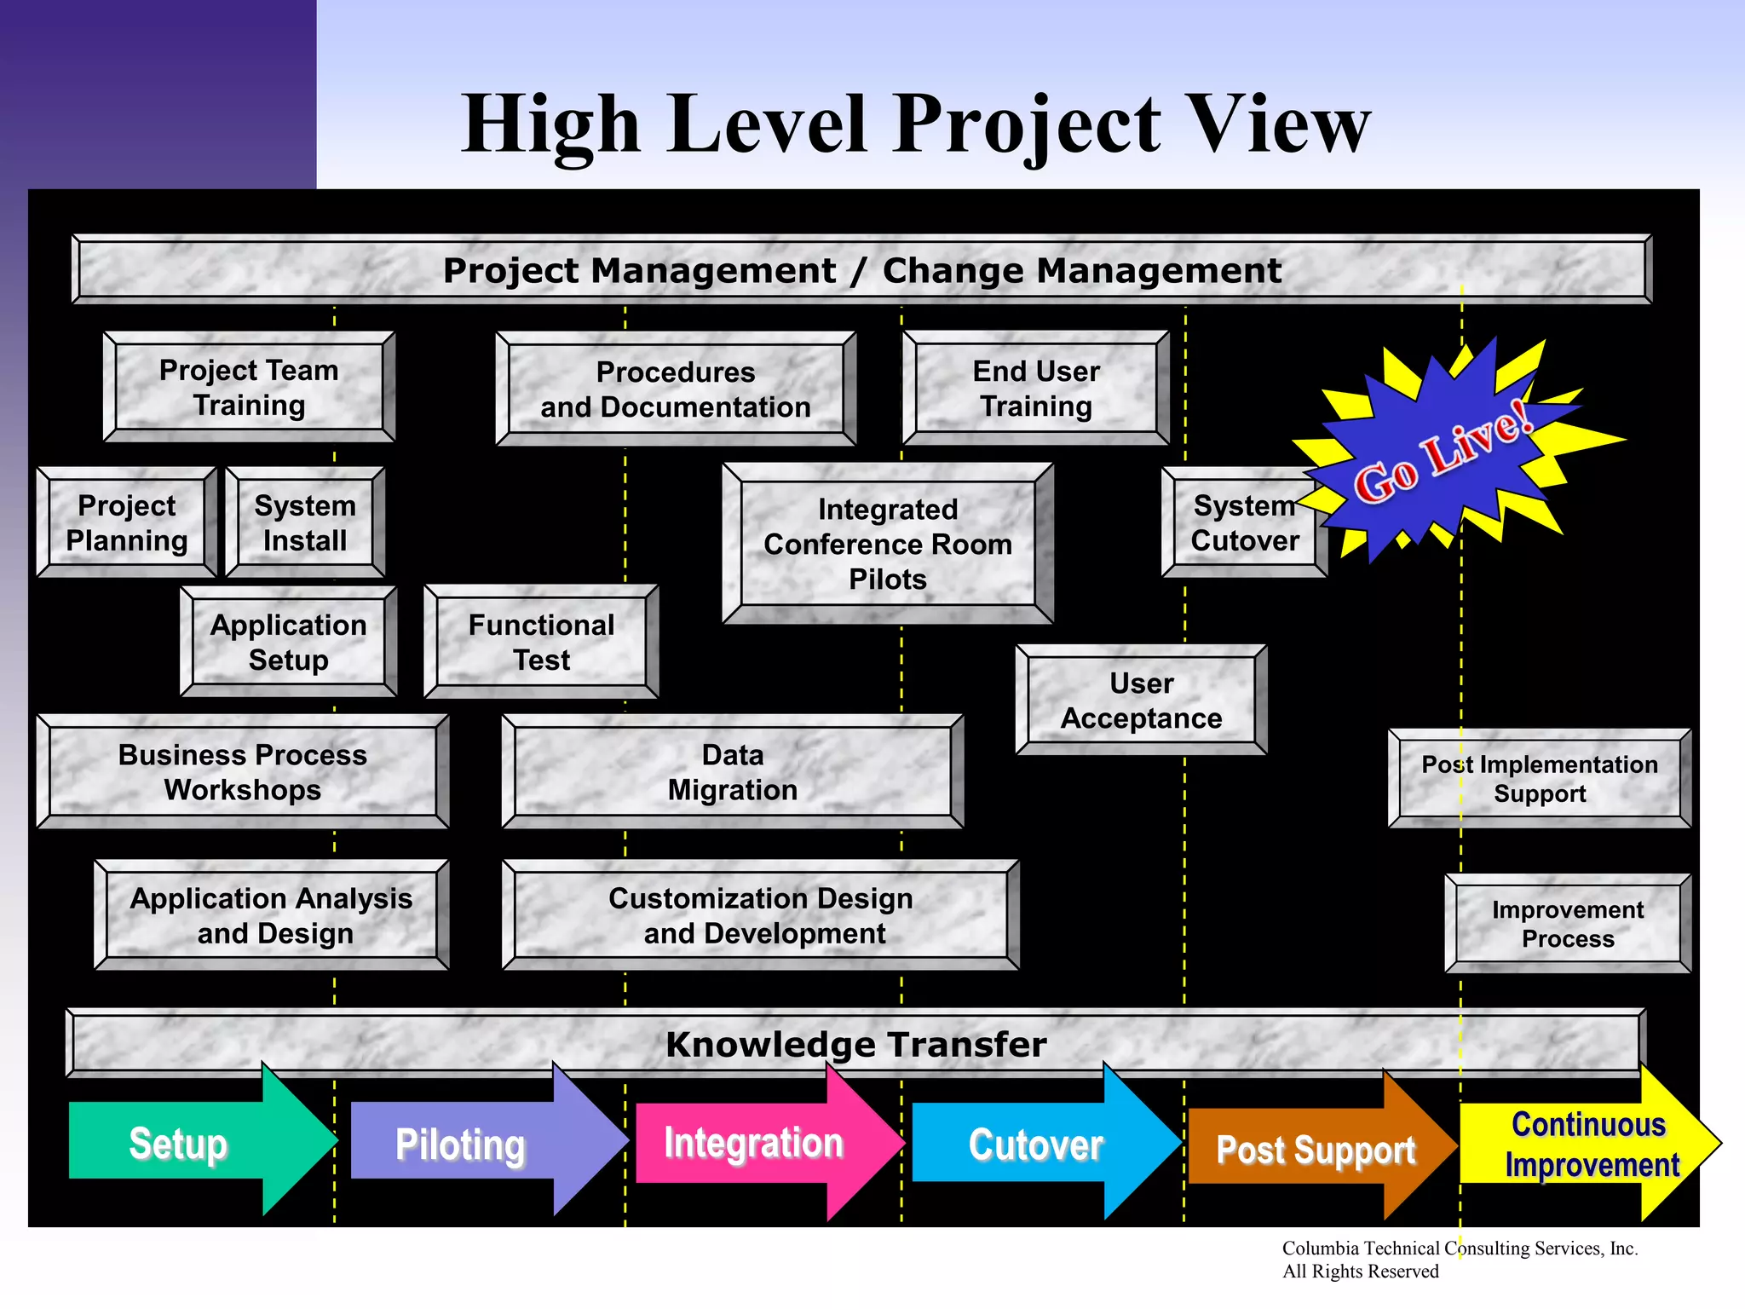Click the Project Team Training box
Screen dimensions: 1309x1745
click(249, 387)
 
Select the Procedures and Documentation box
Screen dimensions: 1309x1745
click(676, 389)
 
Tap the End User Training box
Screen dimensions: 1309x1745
click(1036, 388)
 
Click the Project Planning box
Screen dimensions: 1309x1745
click(127, 522)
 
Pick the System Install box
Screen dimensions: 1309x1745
click(305, 522)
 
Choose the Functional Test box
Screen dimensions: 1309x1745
click(541, 642)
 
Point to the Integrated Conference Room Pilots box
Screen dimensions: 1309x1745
click(888, 544)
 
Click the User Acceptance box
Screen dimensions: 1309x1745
click(1141, 700)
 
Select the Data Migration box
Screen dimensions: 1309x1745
click(733, 771)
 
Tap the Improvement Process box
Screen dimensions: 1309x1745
click(1568, 924)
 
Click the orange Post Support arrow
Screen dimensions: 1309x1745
click(1316, 1149)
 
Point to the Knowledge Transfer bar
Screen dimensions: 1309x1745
click(855, 1043)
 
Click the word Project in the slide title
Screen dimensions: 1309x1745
click(1028, 125)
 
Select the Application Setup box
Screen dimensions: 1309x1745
click(289, 642)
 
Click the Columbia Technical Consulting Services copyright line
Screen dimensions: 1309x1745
click(1460, 1248)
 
